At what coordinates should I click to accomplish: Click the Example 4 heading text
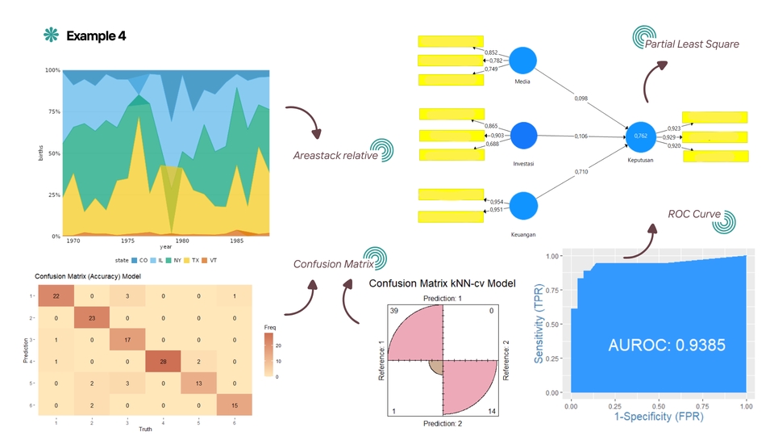coord(96,36)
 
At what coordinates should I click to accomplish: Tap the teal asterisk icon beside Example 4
coord(52,35)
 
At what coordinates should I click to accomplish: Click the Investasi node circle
coord(523,136)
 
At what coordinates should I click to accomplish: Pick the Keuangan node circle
coord(523,206)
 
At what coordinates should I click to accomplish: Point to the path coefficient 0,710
coord(581,172)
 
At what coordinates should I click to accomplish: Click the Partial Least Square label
coord(692,44)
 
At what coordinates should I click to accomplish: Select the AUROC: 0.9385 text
coord(667,346)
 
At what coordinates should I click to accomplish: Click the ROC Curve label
coord(694,214)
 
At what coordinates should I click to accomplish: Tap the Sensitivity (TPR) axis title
coord(538,323)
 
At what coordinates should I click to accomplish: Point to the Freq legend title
coord(271,327)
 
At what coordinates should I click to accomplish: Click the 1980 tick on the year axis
coord(182,241)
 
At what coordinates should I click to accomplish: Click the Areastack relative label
coord(335,155)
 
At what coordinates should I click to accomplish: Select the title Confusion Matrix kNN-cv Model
coord(442,283)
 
